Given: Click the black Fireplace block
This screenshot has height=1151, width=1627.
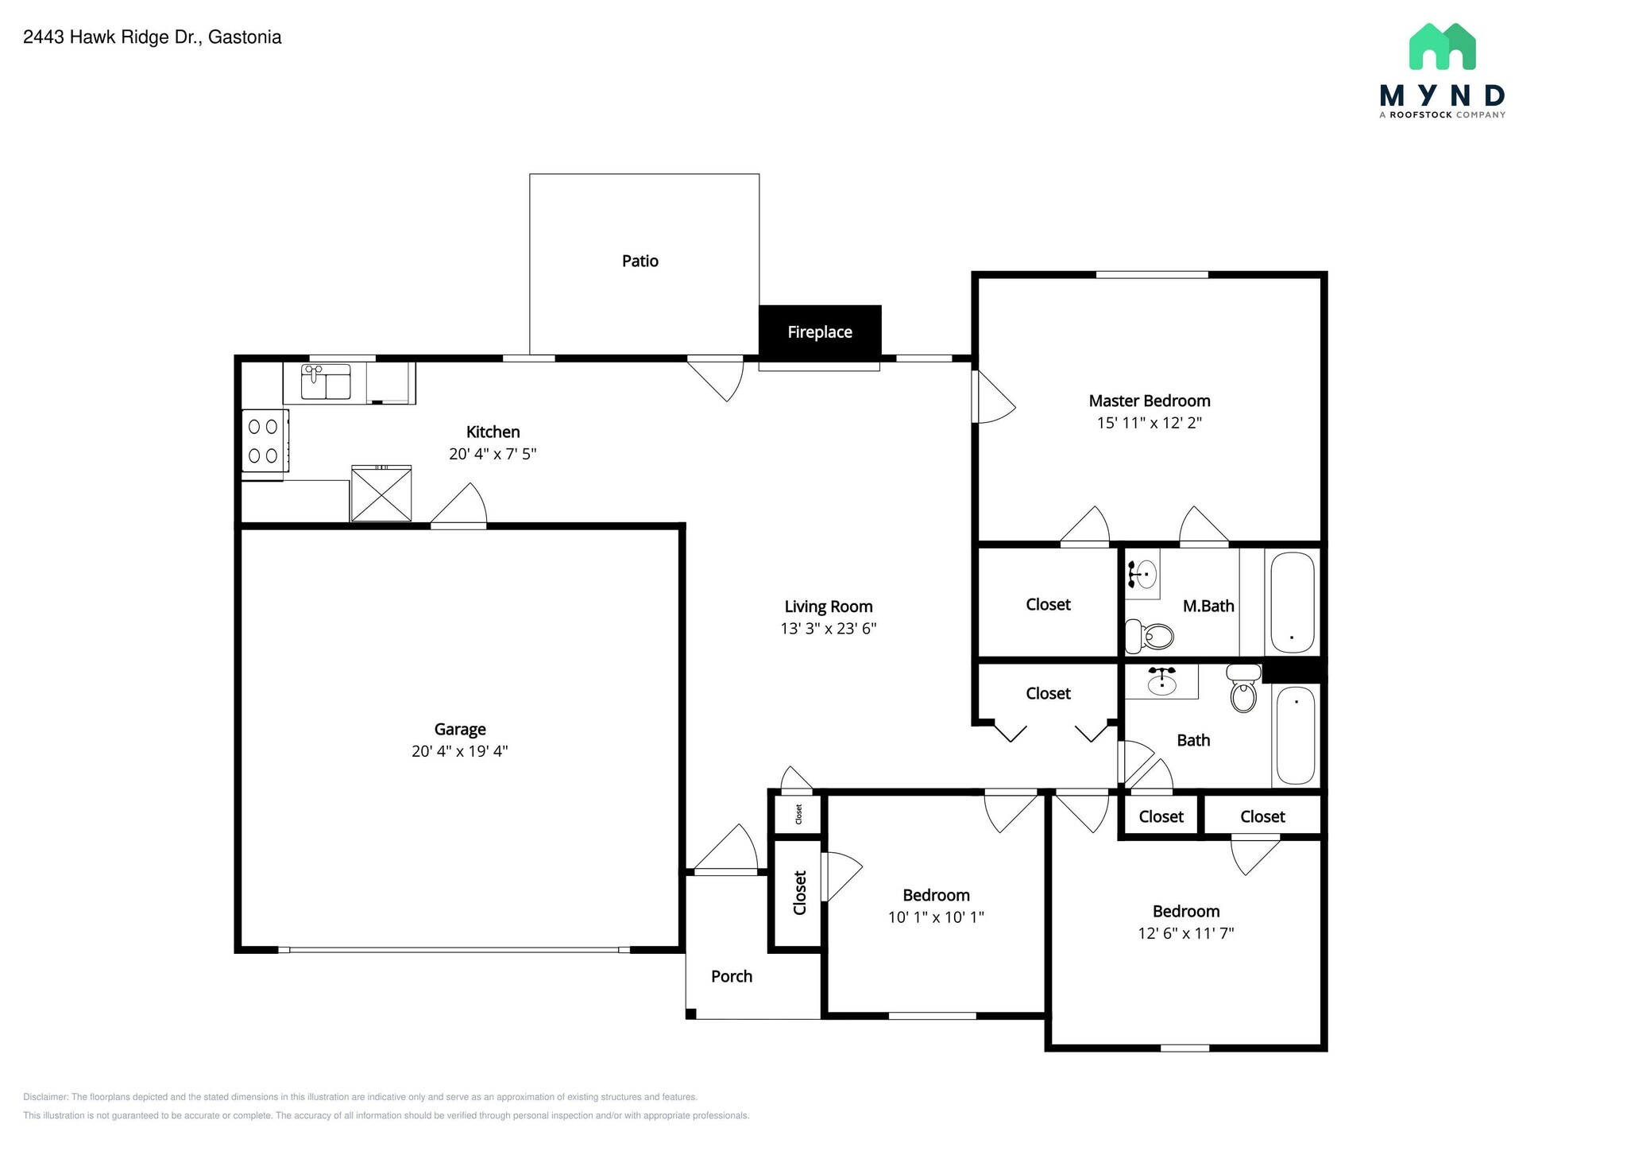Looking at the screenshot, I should [820, 331].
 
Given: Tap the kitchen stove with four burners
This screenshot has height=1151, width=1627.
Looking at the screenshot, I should [265, 441].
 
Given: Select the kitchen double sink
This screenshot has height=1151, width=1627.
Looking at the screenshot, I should [326, 383].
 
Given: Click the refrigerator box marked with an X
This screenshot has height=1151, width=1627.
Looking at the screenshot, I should [381, 494].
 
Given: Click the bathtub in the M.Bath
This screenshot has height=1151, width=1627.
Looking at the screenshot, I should [1293, 603].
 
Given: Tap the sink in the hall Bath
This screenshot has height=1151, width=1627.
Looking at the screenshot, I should [1162, 681].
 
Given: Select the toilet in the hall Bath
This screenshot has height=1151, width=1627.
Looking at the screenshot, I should [1243, 690].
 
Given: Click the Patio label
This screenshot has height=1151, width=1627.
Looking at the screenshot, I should [640, 261].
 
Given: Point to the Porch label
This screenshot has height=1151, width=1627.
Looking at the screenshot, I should [731, 976].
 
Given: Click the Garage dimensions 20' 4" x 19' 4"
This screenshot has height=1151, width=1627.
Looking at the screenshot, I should [459, 751].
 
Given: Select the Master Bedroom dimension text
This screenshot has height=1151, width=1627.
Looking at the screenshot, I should [1149, 423].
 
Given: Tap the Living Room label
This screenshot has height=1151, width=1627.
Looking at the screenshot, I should [828, 607].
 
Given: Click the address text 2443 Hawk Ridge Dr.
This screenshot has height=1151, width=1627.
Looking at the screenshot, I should [152, 37].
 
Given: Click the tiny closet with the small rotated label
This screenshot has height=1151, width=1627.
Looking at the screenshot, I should [798, 814].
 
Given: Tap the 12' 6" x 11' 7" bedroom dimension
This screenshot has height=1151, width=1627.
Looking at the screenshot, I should [1185, 933].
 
